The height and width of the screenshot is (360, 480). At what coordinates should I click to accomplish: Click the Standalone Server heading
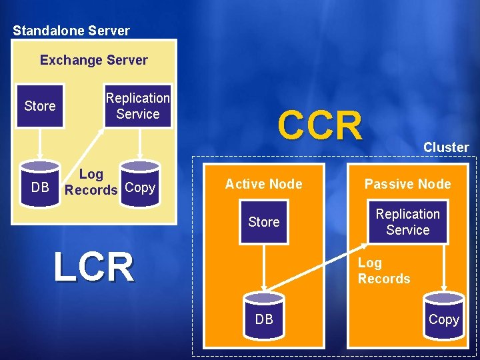(71, 31)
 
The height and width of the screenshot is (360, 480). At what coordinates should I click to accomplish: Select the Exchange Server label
(94, 60)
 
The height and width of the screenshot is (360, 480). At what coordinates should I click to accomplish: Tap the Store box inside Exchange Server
(40, 106)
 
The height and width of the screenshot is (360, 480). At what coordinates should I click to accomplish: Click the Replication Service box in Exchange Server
(137, 106)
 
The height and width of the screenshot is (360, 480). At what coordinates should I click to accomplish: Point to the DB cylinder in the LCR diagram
(40, 187)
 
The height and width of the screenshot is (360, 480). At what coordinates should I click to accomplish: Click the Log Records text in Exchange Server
(91, 182)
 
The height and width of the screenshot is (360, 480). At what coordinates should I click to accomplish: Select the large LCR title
(93, 267)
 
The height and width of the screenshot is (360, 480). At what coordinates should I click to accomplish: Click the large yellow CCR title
(320, 125)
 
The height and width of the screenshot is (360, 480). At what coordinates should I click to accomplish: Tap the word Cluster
(446, 147)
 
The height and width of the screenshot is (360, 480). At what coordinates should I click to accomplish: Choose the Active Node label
(263, 184)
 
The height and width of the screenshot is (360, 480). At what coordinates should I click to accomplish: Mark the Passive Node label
(407, 184)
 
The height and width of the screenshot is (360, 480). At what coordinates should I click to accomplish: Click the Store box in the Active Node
(263, 222)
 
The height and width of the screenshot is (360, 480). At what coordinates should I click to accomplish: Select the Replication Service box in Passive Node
(407, 222)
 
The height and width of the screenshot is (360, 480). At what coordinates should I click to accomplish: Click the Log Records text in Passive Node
(384, 271)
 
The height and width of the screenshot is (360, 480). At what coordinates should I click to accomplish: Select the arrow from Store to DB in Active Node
(264, 267)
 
